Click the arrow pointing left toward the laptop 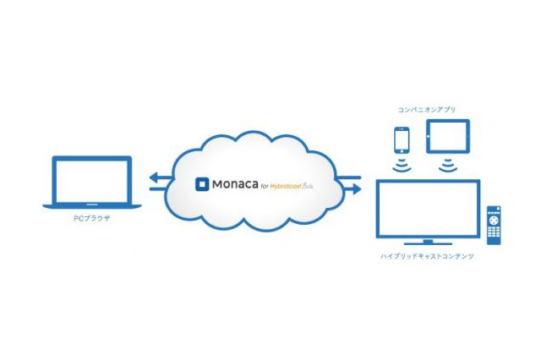[x=157, y=177]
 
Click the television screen [x=427, y=207]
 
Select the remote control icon [x=493, y=223]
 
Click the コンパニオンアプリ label [x=426, y=110]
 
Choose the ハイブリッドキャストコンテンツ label [x=427, y=256]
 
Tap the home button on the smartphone [x=402, y=150]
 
